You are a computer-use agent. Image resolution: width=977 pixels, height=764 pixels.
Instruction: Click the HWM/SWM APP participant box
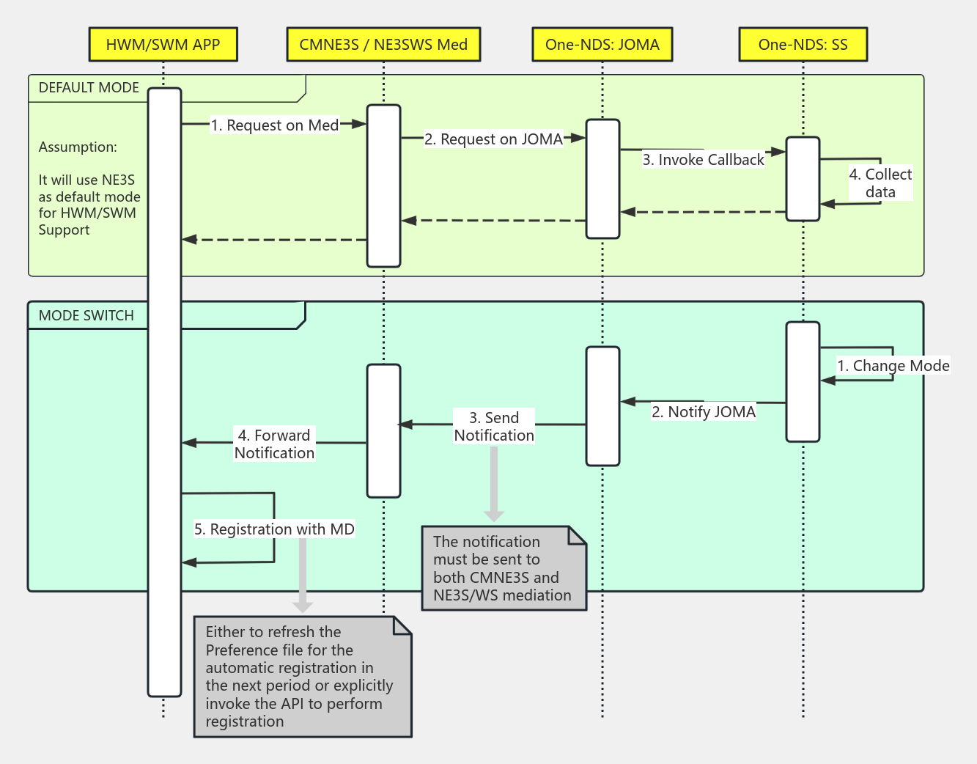[163, 45]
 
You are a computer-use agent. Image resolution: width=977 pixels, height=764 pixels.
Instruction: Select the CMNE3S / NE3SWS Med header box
[383, 45]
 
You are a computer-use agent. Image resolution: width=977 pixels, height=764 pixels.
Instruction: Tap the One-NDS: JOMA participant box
[602, 45]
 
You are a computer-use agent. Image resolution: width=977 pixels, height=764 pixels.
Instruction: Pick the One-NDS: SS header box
[803, 45]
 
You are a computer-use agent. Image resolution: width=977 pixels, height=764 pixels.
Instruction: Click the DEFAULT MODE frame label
[89, 88]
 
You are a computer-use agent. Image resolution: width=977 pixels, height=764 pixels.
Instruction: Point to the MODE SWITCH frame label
[86, 316]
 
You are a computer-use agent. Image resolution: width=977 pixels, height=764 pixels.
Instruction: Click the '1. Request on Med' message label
[275, 125]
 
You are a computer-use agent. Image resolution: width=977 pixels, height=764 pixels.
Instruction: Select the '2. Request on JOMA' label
[493, 139]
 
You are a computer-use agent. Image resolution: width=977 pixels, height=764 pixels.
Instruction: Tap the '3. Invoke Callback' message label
[703, 160]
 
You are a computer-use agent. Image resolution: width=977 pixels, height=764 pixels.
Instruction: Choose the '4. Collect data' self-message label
[880, 183]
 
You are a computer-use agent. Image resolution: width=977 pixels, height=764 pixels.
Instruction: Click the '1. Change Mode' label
[893, 366]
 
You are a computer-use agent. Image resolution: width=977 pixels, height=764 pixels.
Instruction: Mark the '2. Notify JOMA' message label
[704, 412]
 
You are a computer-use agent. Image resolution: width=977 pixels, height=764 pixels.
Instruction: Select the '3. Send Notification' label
[494, 427]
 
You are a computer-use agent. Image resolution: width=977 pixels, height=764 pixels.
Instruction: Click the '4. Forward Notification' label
[274, 444]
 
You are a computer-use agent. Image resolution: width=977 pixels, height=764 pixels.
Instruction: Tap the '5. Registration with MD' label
[274, 529]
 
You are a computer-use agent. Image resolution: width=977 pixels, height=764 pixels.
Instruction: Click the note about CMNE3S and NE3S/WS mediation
[504, 568]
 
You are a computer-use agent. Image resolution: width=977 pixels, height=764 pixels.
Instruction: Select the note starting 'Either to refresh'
[302, 676]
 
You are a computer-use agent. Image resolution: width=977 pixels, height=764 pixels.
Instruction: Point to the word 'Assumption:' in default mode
[78, 147]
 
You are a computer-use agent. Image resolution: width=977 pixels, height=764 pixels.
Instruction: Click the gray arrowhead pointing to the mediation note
[494, 515]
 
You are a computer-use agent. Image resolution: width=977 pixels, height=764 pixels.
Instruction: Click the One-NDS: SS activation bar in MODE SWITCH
[803, 382]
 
